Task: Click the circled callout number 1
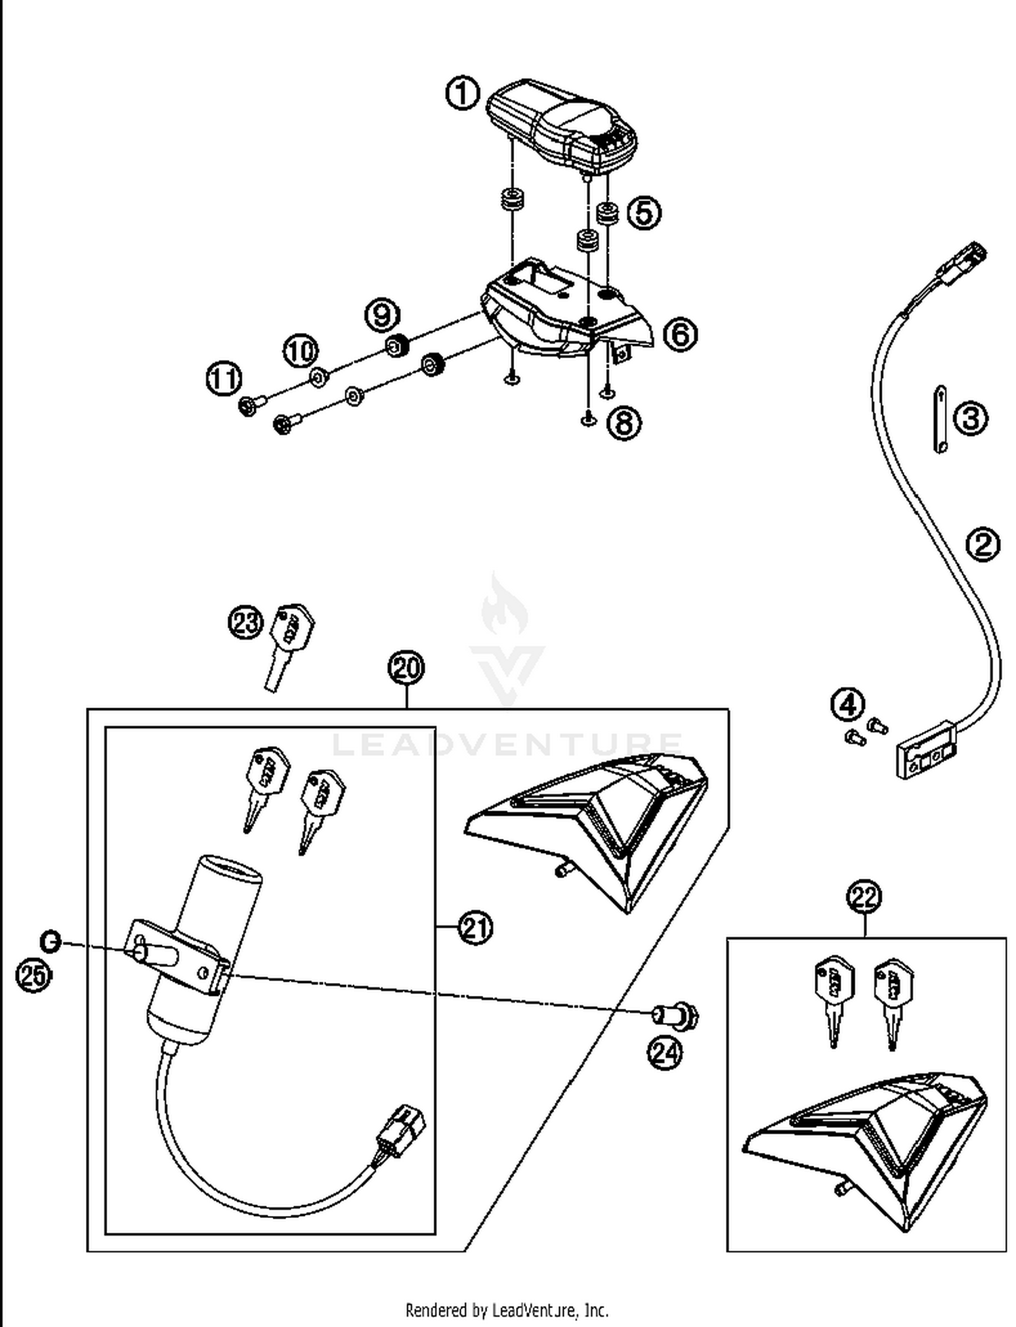click(463, 93)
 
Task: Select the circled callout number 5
click(643, 213)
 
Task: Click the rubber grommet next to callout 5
click(607, 213)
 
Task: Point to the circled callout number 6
click(680, 334)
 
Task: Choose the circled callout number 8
click(624, 423)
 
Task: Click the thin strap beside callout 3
click(940, 418)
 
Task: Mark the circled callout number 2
click(983, 544)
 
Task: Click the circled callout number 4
click(848, 705)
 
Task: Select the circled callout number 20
click(406, 668)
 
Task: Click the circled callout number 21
click(475, 927)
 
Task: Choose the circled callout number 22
click(864, 897)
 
